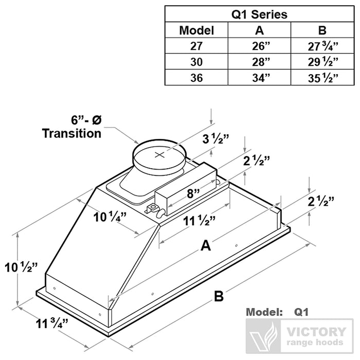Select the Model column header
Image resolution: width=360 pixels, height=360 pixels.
[196, 30]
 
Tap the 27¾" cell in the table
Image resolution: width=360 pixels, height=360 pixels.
[323, 46]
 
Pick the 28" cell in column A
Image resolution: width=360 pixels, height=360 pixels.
[260, 62]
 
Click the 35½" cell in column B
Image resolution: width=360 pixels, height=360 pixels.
[323, 78]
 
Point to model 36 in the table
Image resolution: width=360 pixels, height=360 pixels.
[196, 78]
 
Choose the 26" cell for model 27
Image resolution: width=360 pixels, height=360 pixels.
[260, 46]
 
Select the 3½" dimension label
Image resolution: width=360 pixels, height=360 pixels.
[214, 139]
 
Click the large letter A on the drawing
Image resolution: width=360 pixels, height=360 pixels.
[206, 247]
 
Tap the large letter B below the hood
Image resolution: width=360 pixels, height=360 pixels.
[219, 297]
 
